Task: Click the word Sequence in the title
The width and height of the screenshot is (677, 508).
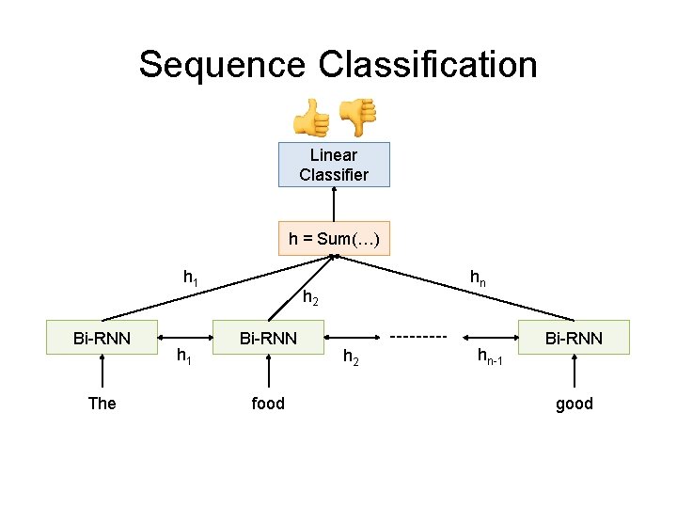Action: (x=223, y=65)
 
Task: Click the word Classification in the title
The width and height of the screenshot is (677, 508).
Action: (x=428, y=65)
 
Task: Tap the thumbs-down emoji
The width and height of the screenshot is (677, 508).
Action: (x=356, y=117)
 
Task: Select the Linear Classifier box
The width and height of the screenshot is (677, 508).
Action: (x=334, y=165)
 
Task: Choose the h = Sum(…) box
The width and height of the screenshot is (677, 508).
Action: (x=334, y=239)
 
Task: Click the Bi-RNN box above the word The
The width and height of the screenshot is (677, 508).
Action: (x=102, y=338)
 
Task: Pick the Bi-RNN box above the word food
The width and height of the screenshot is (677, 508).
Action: (x=268, y=338)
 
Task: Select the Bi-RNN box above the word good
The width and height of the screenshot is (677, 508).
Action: (x=575, y=338)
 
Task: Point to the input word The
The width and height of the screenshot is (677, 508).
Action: (x=102, y=404)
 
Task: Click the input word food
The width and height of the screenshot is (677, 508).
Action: (x=268, y=404)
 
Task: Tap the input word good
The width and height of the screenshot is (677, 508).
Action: (x=575, y=404)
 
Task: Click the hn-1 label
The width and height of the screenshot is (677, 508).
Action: (x=490, y=356)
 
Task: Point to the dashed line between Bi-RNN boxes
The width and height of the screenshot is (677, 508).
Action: (x=417, y=337)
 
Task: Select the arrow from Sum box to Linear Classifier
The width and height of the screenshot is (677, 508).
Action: (x=334, y=204)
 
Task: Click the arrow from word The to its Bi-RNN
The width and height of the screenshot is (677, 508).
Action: (x=102, y=374)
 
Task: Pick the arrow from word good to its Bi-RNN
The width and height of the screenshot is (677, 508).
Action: (x=575, y=374)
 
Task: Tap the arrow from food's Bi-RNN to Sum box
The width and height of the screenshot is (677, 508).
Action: (x=301, y=288)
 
